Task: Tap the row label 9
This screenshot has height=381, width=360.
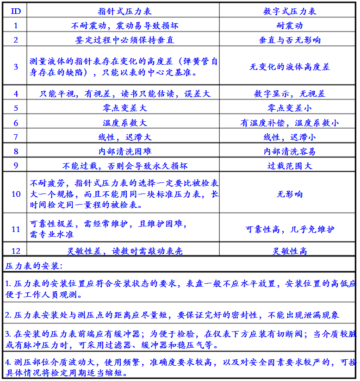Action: pyautogui.click(x=16, y=165)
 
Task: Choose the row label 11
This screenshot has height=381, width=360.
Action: pyautogui.click(x=16, y=229)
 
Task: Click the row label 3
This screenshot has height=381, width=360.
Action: pyautogui.click(x=16, y=67)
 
